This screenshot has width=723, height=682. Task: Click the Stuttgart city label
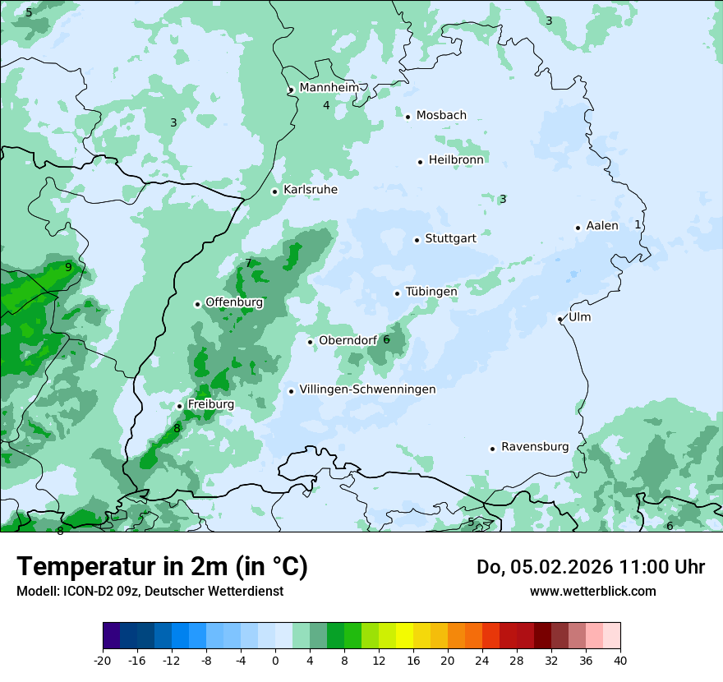pyautogui.click(x=450, y=239)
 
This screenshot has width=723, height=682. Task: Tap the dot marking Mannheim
pyautogui.click(x=291, y=90)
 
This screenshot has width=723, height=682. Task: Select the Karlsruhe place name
pyautogui.click(x=310, y=190)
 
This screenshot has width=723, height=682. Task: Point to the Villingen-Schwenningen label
pyautogui.click(x=367, y=389)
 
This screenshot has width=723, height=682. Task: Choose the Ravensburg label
pyautogui.click(x=534, y=447)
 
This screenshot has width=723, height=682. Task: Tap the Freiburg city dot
pyautogui.click(x=179, y=406)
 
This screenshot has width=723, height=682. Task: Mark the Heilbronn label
pyautogui.click(x=456, y=160)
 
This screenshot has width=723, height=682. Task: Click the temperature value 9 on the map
pyautogui.click(x=68, y=267)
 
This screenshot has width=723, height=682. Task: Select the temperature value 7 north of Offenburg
pyautogui.click(x=248, y=263)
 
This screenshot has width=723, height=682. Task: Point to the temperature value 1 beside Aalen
pyautogui.click(x=638, y=224)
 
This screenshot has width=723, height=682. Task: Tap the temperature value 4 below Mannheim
pyautogui.click(x=326, y=105)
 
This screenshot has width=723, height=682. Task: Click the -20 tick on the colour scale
pyautogui.click(x=103, y=661)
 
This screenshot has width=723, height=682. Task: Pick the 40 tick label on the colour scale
pyautogui.click(x=619, y=661)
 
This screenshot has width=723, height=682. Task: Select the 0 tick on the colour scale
pyautogui.click(x=275, y=661)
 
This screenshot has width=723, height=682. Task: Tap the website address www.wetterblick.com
pyautogui.click(x=592, y=591)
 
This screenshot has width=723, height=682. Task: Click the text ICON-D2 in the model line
pyautogui.click(x=85, y=591)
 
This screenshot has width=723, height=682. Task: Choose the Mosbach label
pyautogui.click(x=441, y=116)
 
